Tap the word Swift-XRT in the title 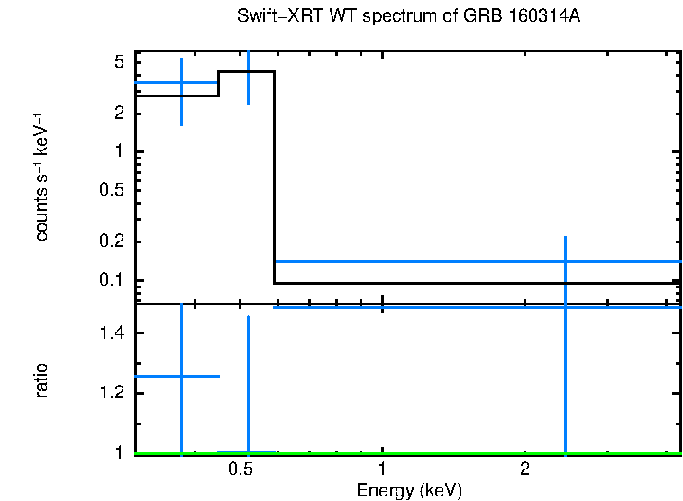click(270, 17)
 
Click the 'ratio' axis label click(41, 381)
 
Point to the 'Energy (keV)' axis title click(409, 490)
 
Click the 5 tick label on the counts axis click(118, 62)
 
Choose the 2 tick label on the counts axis click(118, 114)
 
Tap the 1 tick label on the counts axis click(118, 152)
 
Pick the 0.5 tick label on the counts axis click(111, 191)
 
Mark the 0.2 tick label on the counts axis click(111, 242)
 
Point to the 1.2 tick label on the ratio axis click(111, 394)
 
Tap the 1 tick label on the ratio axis click(118, 453)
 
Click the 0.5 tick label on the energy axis click(240, 469)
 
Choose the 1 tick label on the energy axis click(382, 469)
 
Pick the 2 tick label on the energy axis click(524, 469)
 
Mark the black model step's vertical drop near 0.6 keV click(274, 180)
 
